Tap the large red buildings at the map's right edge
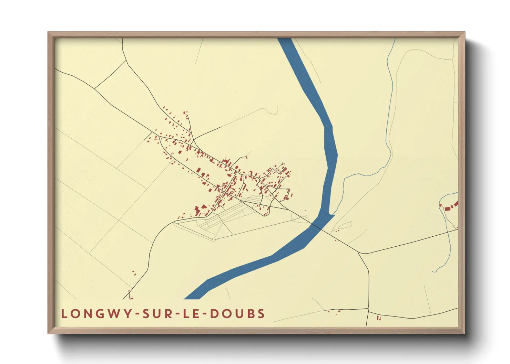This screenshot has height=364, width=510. [451, 207]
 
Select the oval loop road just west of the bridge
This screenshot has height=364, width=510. [300, 217]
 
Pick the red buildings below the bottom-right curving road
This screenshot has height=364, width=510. [379, 318]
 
